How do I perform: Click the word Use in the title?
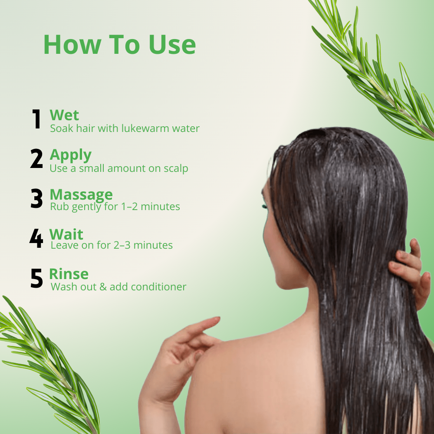coord(172,45)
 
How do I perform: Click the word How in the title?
coord(72,45)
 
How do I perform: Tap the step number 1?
coord(36,119)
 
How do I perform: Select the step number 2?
coord(36,158)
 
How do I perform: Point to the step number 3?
coord(36,198)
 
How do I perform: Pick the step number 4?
coord(36,238)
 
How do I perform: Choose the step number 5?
coord(36,278)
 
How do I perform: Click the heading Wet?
coord(64,115)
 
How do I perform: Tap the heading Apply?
coord(71,155)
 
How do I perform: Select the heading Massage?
coord(81,195)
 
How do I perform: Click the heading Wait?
coord(66,234)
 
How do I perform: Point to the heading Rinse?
coord(69,274)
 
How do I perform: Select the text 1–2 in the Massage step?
coord(129,207)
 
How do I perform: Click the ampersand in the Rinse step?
coord(103,287)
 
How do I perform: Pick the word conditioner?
coord(158,287)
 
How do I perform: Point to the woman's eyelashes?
coord(265,207)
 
